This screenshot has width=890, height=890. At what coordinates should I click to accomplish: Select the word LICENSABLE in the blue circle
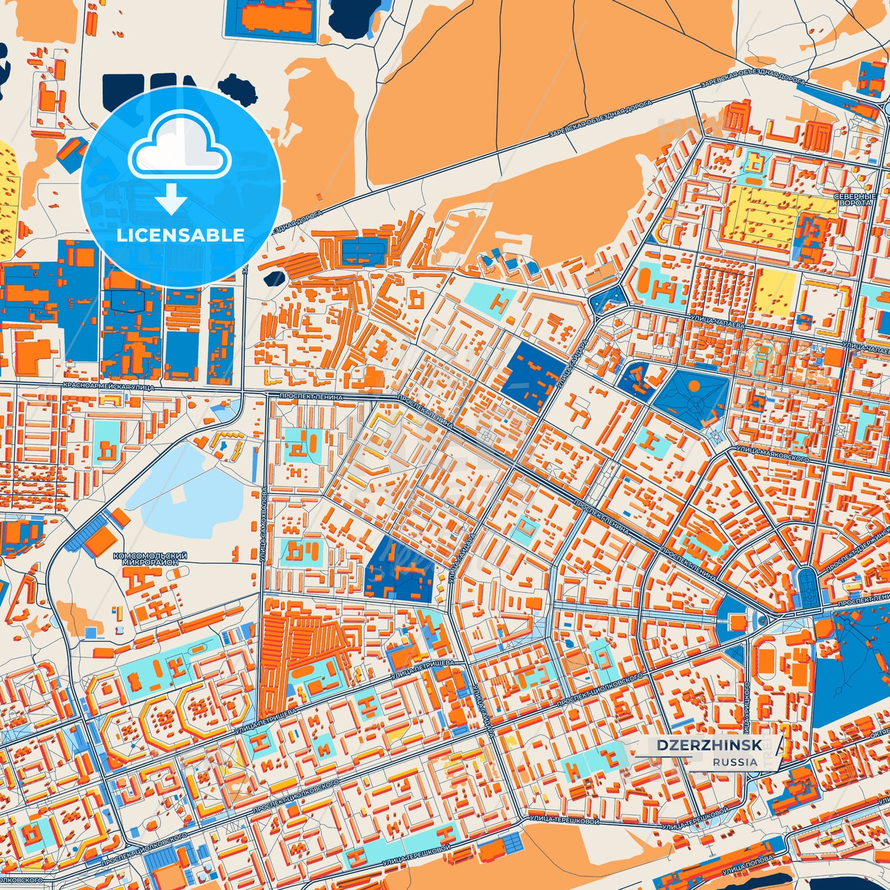180,235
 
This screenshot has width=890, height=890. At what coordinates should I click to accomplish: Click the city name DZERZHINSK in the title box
709,745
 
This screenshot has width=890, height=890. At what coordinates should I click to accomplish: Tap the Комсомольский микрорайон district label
150,559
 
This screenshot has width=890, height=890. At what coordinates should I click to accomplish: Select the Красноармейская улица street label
108,387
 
